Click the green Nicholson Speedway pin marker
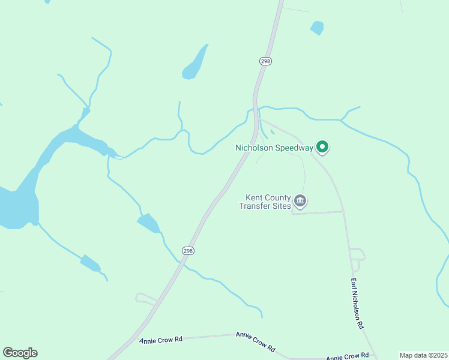point(322,146)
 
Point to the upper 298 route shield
point(266,61)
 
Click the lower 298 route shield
point(188,250)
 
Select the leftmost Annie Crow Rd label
point(161,340)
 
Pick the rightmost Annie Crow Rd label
point(346,356)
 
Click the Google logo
point(20,353)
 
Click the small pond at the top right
point(316,28)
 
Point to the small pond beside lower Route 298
point(149,223)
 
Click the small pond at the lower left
point(90,263)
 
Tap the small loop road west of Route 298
point(144,298)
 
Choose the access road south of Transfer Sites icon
point(318,212)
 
